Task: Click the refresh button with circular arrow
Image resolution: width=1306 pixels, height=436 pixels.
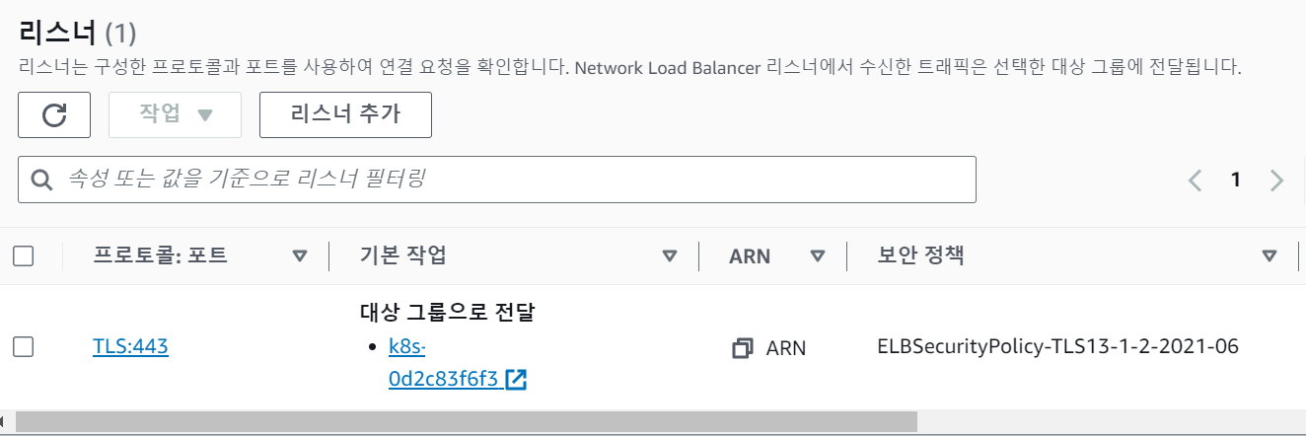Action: coord(54,114)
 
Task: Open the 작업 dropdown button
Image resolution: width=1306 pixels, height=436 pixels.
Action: coord(176,114)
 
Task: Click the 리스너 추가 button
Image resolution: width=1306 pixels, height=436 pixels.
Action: coord(345,114)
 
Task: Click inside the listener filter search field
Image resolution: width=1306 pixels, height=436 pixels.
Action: coord(513,180)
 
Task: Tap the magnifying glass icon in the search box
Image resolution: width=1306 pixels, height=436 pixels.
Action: coord(41,180)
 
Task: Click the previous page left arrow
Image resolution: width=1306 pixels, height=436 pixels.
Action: coord(1196,180)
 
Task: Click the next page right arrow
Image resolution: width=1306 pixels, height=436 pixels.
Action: coord(1276,180)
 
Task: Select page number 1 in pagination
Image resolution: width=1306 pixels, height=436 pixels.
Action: coord(1235,180)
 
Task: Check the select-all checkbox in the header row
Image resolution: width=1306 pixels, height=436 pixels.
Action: coord(24,256)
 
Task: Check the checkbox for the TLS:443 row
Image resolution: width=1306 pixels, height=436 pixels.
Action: coord(24,346)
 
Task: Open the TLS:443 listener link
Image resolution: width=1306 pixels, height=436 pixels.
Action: coord(130,346)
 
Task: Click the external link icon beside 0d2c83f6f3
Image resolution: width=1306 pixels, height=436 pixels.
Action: coord(516,380)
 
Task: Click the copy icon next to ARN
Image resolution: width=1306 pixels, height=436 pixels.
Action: coord(743,347)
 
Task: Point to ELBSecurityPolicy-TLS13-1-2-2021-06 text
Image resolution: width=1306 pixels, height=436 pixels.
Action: coord(1057,347)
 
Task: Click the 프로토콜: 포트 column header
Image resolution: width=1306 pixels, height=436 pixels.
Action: coord(160,256)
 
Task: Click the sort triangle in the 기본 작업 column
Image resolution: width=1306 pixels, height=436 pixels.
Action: coord(670,256)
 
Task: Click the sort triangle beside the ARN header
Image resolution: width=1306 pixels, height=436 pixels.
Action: coord(817,256)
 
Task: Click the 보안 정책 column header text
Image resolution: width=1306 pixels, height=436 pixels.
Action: coord(921,256)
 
